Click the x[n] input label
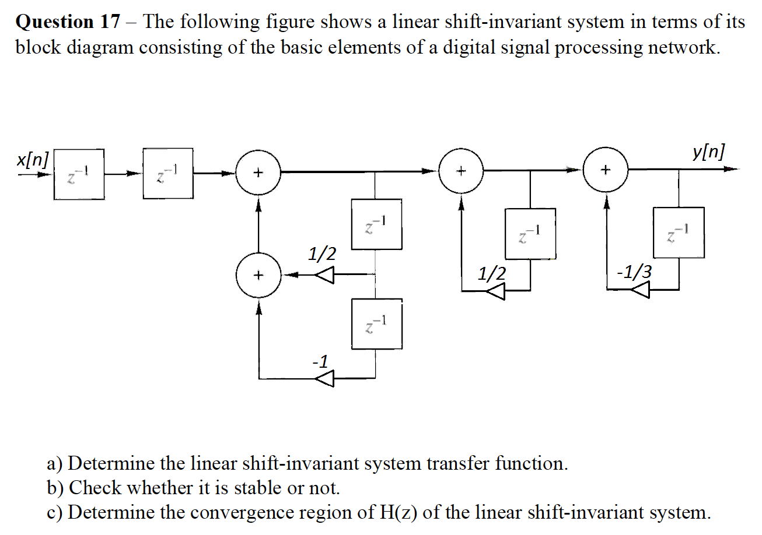point(33,159)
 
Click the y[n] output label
point(709,152)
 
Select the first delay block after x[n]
point(79,174)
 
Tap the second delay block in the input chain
point(168,173)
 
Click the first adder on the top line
point(258,173)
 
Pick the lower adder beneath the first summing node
point(258,274)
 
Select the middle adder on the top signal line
point(462,171)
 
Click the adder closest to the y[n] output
point(606,170)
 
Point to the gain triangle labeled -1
point(324,379)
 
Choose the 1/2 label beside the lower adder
point(322,254)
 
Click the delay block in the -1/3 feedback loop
point(679,232)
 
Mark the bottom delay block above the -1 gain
point(376,324)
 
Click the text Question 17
point(68,22)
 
